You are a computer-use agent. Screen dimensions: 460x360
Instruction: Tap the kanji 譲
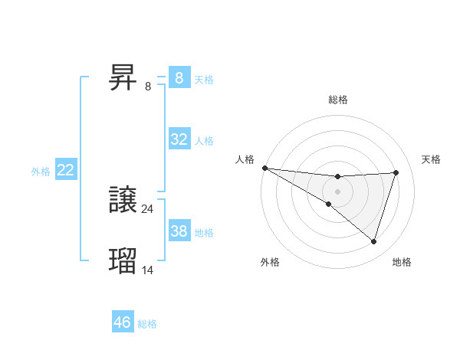pyautogui.click(x=124, y=201)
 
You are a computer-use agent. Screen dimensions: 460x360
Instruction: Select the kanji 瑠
pyautogui.click(x=124, y=260)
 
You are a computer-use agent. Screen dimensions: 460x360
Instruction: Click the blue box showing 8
pyautogui.click(x=179, y=77)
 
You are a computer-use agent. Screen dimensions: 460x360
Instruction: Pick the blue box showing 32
pyautogui.click(x=179, y=139)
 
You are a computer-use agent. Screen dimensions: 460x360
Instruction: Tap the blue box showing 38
pyautogui.click(x=179, y=231)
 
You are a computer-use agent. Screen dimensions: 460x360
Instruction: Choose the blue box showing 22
pyautogui.click(x=66, y=170)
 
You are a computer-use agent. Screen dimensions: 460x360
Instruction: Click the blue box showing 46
pyautogui.click(x=123, y=322)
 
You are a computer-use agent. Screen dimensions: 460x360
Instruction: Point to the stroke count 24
pyautogui.click(x=148, y=208)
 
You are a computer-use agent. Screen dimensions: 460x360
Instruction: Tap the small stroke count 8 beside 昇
pyautogui.click(x=148, y=86)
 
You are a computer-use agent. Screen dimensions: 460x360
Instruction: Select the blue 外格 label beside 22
pyautogui.click(x=41, y=172)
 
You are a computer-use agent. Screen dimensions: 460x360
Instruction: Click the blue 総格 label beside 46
pyautogui.click(x=147, y=324)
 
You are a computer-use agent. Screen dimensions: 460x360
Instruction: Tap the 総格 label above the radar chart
pyautogui.click(x=337, y=100)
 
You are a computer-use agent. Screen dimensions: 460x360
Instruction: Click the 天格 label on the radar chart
pyautogui.click(x=431, y=159)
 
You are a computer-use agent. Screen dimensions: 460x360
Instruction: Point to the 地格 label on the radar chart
pyautogui.click(x=402, y=262)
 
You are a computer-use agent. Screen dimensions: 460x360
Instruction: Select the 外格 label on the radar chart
pyautogui.click(x=270, y=262)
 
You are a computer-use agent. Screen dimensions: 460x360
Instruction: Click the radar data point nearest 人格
pyautogui.click(x=264, y=168)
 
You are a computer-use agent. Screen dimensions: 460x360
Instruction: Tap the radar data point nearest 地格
pyautogui.click(x=373, y=241)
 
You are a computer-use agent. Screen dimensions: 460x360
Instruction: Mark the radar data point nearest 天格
pyautogui.click(x=396, y=172)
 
